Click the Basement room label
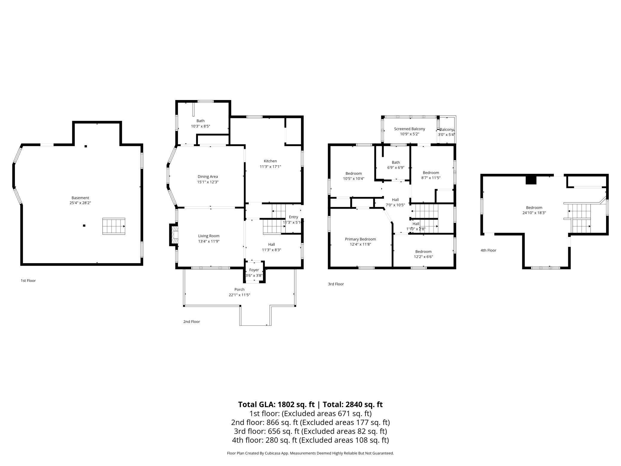click(x=80, y=198)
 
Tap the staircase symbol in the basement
click(x=114, y=226)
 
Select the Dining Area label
click(x=207, y=177)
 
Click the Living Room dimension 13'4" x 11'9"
click(x=209, y=241)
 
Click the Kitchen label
click(x=270, y=161)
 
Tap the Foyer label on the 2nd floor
click(x=254, y=270)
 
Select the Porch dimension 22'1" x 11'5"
click(x=239, y=295)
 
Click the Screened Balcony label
click(x=410, y=129)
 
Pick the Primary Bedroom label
click(x=360, y=239)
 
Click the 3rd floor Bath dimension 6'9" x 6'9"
click(x=396, y=168)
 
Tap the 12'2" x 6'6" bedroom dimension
click(x=423, y=257)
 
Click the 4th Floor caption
click(x=488, y=250)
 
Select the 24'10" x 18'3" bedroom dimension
click(x=534, y=213)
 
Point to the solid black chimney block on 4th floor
click(x=531, y=180)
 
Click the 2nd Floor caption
click(x=192, y=321)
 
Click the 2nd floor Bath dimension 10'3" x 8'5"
click(x=201, y=126)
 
